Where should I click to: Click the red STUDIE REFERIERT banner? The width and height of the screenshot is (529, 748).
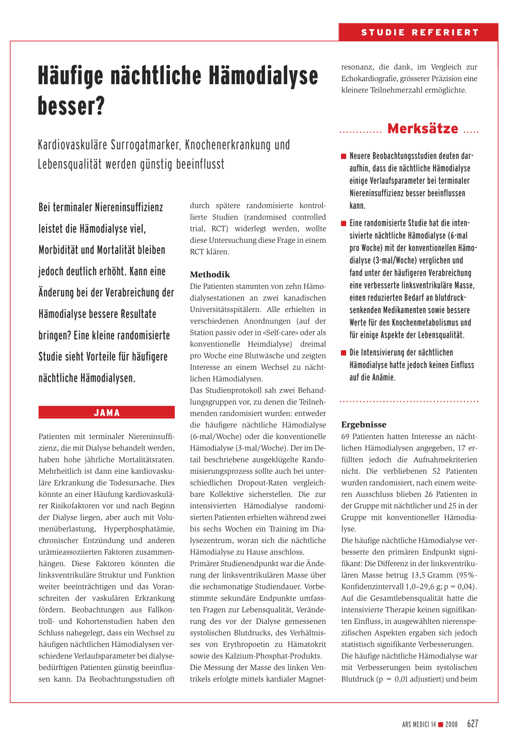pos(419,33)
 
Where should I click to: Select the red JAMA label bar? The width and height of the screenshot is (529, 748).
pos(106,413)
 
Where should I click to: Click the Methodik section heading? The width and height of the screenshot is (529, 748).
pos(210,274)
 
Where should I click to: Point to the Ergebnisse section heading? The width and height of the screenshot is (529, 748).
pos(364,425)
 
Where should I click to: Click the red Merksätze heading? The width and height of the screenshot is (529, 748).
pos(423,129)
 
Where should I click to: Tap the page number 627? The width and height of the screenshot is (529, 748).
pos(473,724)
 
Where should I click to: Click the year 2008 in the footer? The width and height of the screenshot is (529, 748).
pos(452,725)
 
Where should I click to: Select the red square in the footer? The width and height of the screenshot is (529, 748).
pos(441,724)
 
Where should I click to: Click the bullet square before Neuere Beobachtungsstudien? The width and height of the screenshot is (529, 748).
pos(344,157)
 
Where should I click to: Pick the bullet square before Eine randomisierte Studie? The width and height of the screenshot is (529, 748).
pos(344,224)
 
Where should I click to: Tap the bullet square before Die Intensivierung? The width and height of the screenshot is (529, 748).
pos(344,353)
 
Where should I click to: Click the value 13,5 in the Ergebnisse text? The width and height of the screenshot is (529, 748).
pos(422,575)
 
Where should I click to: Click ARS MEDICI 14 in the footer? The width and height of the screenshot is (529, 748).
pos(419,725)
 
